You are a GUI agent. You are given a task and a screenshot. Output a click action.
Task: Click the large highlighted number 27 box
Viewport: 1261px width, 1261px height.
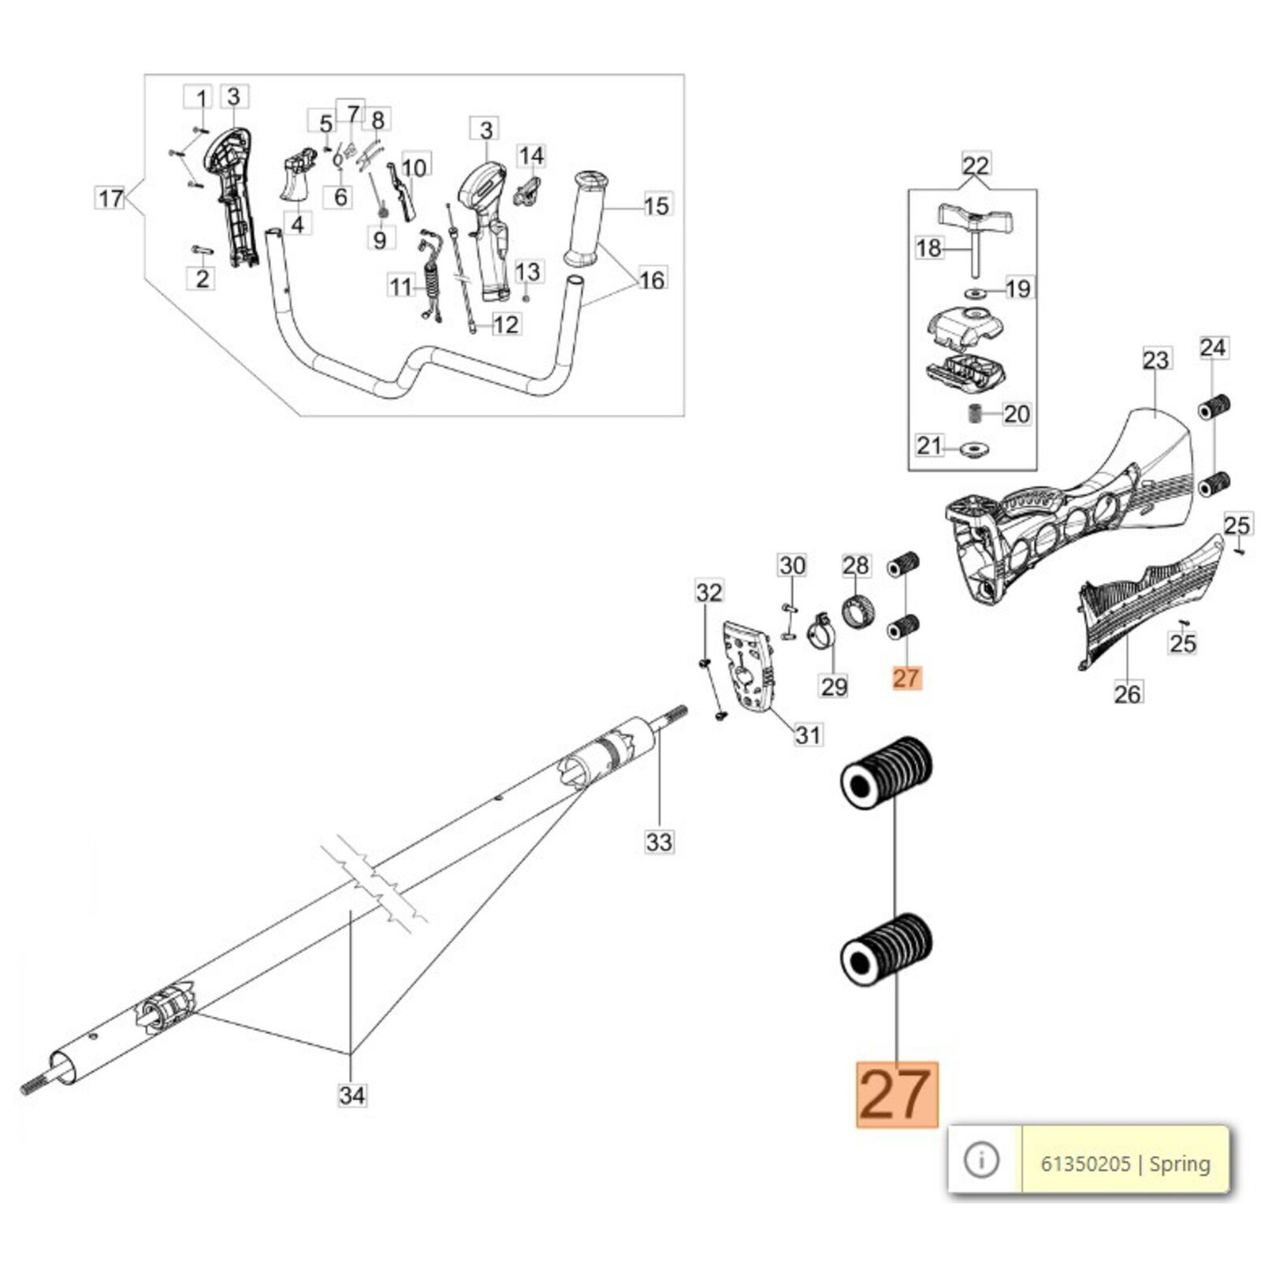[x=897, y=1094]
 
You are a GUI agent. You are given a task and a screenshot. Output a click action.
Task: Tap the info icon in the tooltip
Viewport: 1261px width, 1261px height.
[x=981, y=1160]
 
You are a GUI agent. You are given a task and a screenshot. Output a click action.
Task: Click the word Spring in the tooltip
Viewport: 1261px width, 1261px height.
[x=1180, y=1164]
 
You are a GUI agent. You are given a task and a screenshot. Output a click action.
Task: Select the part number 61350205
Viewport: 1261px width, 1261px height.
[x=1085, y=1164]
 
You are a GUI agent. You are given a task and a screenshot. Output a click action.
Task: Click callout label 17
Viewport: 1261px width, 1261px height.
[x=110, y=198]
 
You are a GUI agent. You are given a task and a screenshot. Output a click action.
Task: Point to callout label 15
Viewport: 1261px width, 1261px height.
[x=657, y=206]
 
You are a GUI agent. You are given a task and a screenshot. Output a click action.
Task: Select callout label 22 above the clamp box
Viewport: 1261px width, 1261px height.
[x=976, y=166]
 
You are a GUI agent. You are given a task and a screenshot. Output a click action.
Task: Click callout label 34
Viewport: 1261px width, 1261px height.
[x=352, y=1095]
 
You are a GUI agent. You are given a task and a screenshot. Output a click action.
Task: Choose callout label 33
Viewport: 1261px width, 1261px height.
[x=659, y=842]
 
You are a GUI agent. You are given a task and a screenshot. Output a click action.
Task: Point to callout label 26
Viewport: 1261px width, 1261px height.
[x=1127, y=694]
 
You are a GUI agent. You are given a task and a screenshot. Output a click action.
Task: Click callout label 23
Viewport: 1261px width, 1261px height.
[x=1155, y=360]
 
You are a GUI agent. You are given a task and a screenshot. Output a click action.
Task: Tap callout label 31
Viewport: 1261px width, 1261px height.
[x=808, y=735]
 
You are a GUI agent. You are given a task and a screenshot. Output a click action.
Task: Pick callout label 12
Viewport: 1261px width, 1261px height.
[x=505, y=324]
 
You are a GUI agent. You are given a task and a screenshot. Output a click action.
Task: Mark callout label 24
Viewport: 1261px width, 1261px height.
[x=1213, y=348]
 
